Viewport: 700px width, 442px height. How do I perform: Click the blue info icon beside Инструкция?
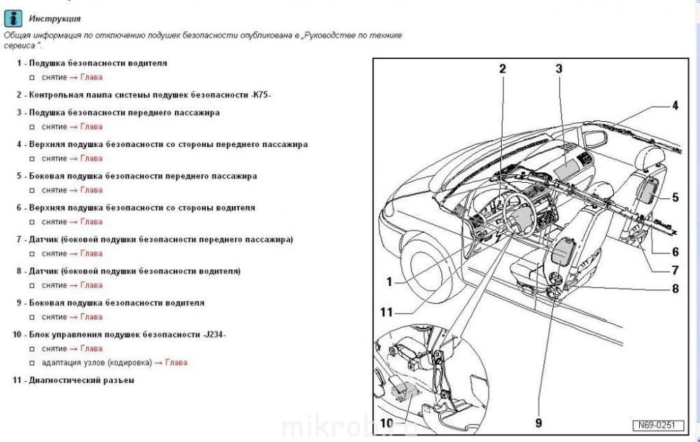[13, 19]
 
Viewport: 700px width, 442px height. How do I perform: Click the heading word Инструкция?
[55, 19]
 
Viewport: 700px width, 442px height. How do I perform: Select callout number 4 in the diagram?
[675, 106]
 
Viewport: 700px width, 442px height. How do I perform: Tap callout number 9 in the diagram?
[538, 423]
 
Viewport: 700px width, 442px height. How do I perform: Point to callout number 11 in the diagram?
[386, 312]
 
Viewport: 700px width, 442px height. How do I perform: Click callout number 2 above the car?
[503, 69]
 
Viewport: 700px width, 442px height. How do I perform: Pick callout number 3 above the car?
[559, 69]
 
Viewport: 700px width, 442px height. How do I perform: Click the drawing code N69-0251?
[657, 425]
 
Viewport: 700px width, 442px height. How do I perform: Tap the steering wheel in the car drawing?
[520, 214]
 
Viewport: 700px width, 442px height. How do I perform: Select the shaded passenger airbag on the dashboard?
[566, 170]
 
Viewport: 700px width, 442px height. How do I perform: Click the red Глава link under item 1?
[92, 77]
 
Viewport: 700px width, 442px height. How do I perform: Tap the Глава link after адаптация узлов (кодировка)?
[176, 362]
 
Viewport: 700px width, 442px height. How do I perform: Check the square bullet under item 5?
[31, 191]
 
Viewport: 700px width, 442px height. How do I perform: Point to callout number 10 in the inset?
[386, 423]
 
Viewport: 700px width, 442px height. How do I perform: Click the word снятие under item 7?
[54, 254]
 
